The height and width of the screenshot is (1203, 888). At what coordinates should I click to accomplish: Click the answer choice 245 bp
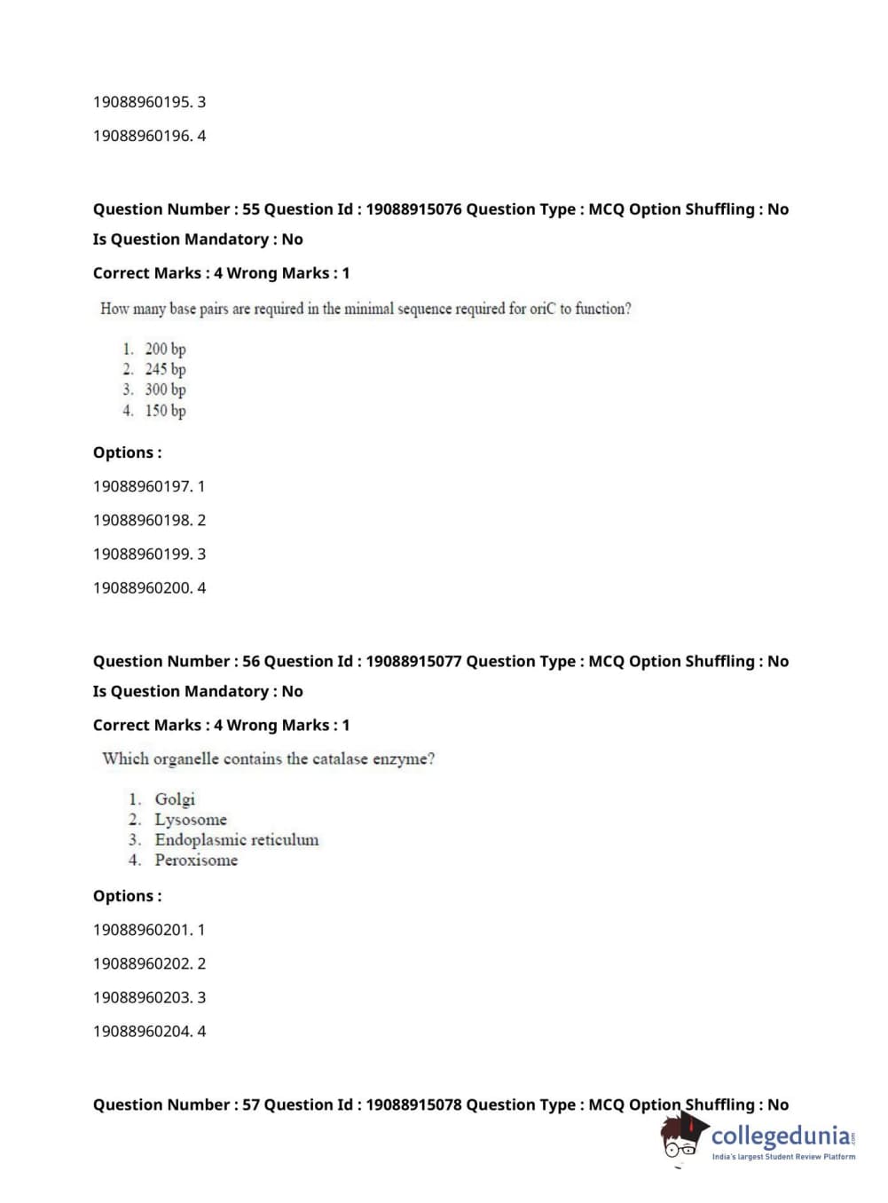point(165,369)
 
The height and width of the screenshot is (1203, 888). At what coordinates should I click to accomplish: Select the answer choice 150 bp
point(165,411)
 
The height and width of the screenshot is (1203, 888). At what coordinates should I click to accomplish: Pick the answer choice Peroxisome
point(196,860)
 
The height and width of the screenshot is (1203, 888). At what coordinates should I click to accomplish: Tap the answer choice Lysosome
point(191,820)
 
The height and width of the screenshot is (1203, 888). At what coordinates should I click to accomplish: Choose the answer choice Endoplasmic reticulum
point(236,840)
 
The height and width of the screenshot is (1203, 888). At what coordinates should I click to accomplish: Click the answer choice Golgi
point(175,799)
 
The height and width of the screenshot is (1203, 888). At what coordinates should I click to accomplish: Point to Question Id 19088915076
point(413,209)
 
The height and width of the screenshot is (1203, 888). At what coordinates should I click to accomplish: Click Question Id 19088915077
point(413,661)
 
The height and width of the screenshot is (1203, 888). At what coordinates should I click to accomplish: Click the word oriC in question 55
point(542,309)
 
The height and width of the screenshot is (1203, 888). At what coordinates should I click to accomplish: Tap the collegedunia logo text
point(781,1136)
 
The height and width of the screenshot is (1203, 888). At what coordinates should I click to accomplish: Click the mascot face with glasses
point(680,1142)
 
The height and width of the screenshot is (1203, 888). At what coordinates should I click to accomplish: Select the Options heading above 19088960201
point(127,896)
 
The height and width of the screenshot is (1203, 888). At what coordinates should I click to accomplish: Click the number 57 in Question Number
point(251,1105)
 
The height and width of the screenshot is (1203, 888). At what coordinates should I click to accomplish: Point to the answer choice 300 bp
point(165,389)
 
